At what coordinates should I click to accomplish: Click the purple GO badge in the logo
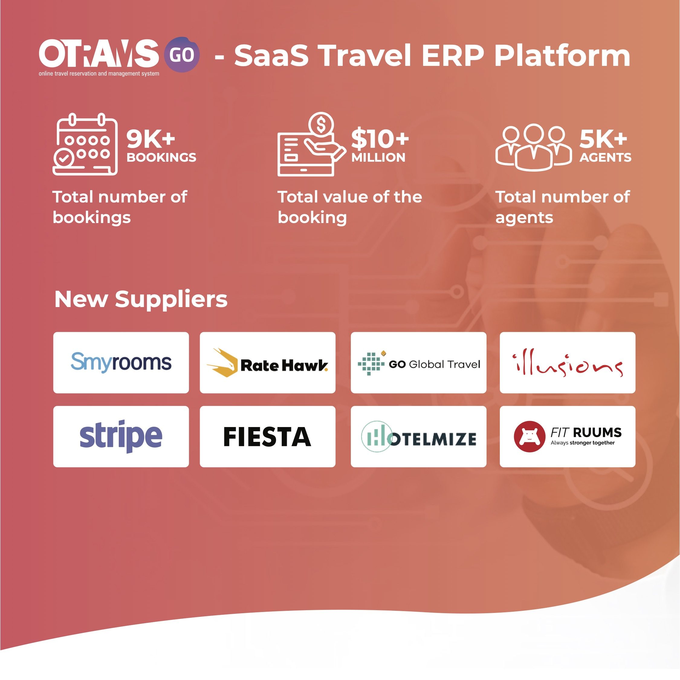[182, 55]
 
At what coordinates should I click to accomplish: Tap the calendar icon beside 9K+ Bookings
[85, 144]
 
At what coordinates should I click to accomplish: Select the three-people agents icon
[534, 147]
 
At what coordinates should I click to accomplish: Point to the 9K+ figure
[151, 139]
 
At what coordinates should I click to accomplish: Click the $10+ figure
[380, 139]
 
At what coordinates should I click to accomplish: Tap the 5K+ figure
[603, 139]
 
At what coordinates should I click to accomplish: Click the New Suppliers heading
[141, 299]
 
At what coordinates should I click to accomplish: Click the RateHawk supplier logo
[267, 363]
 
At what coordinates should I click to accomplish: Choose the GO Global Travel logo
[419, 363]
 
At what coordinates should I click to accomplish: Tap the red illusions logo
[568, 363]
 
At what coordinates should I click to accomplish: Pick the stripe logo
[121, 436]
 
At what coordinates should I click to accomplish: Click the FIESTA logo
[267, 437]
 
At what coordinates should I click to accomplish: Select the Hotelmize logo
[419, 437]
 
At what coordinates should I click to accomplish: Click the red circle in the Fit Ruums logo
[530, 436]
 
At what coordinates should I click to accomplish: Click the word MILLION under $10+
[378, 157]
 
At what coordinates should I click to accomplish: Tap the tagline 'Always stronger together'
[582, 443]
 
